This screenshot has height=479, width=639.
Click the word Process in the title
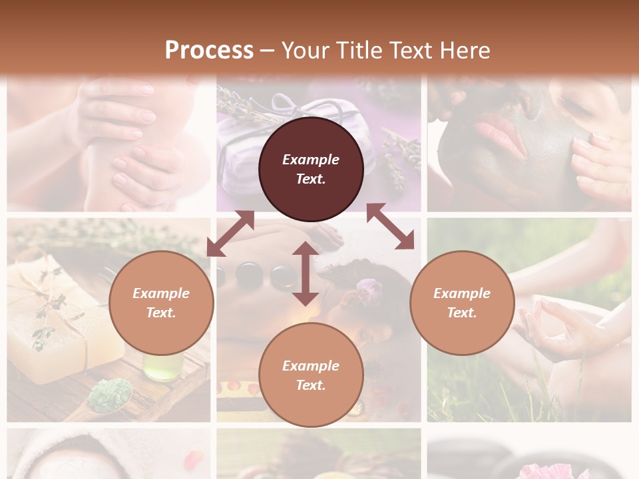click(209, 50)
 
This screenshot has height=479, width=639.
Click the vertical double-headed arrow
click(306, 273)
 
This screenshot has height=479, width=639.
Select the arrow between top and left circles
click(230, 233)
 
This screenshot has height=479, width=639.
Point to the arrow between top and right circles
click(390, 226)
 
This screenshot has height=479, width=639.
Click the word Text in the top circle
click(311, 179)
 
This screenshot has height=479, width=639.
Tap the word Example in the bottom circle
click(311, 365)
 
